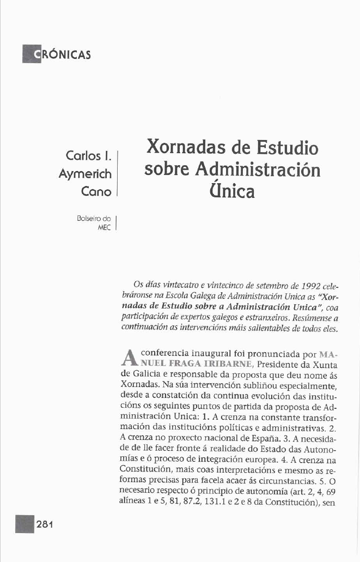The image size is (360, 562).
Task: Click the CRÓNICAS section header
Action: coord(56,55)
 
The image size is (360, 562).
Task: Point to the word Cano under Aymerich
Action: coord(96,192)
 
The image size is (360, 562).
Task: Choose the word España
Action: coord(279,448)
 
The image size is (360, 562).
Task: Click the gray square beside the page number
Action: coord(25,524)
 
